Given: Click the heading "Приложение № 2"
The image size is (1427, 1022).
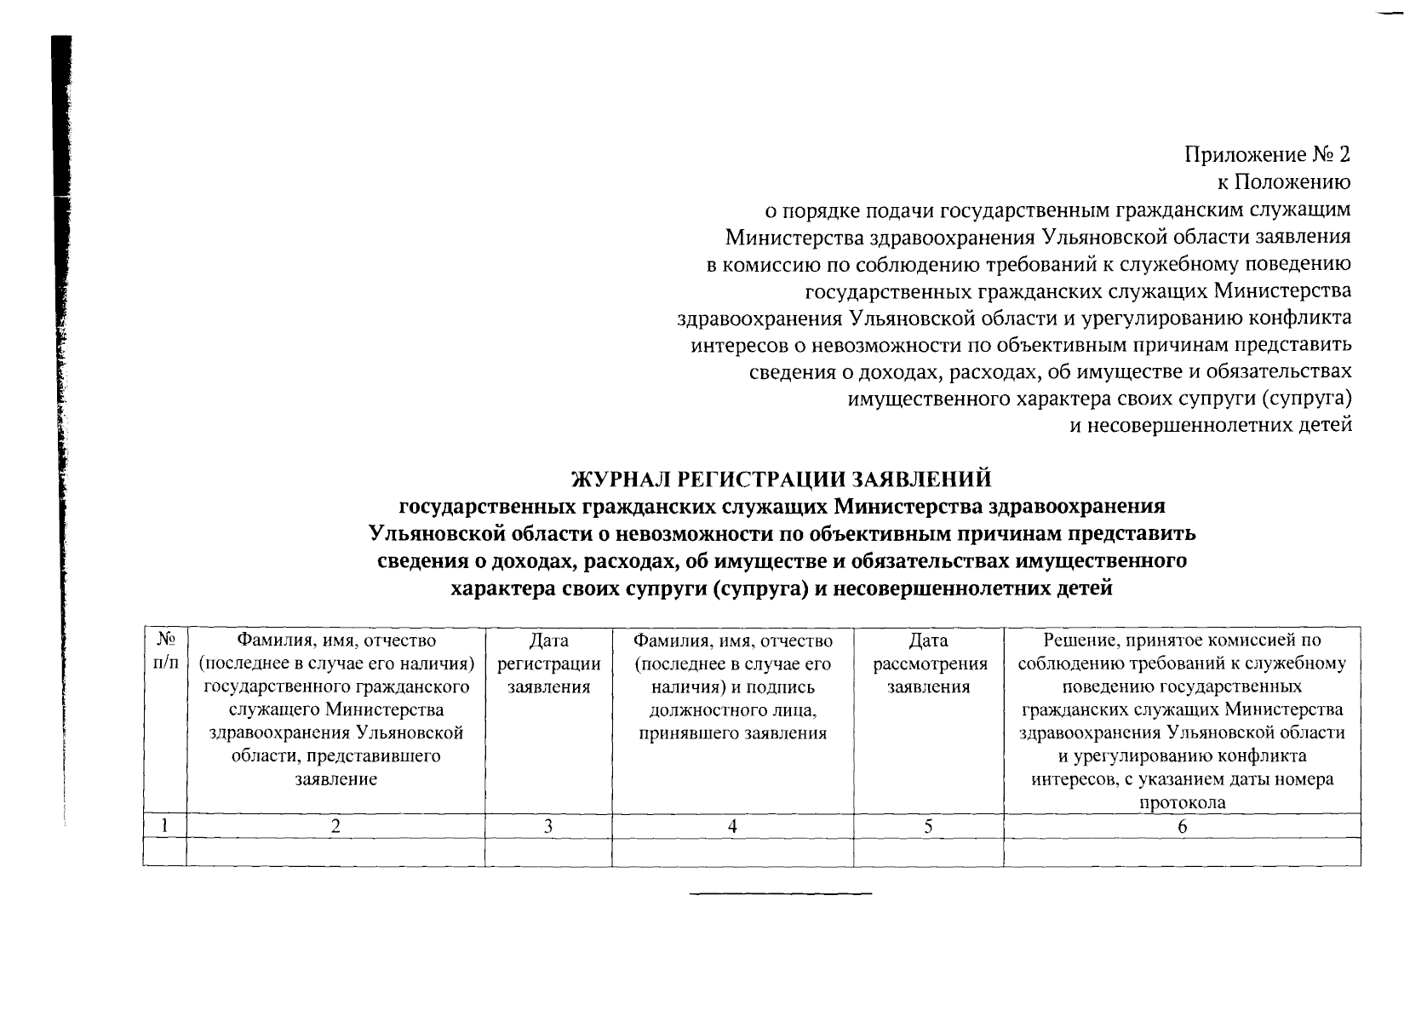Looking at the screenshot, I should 1267,155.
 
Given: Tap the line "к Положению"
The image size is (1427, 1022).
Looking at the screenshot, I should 1283,182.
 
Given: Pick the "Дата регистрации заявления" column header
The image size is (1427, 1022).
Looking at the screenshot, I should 548,663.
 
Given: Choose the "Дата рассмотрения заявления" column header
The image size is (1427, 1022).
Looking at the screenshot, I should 928,663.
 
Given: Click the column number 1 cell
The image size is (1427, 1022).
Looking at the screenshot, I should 165,825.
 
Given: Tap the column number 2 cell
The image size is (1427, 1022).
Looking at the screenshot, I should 335,825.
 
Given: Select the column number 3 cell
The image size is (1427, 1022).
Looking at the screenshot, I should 548,825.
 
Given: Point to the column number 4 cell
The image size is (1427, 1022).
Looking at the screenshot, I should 732,825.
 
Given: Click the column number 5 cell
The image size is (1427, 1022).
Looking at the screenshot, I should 928,825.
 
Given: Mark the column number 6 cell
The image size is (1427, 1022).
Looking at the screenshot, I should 1182,825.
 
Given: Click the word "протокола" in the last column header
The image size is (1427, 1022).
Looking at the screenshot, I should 1182,802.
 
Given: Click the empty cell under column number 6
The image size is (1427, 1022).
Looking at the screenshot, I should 1182,852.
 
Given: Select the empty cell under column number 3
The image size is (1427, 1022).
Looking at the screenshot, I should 548,852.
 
